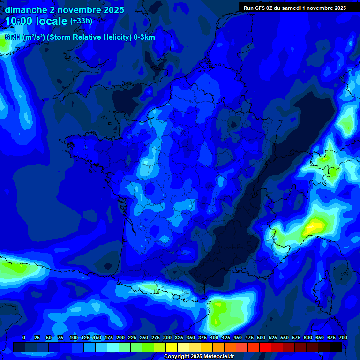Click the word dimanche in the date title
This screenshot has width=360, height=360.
(x=23, y=10)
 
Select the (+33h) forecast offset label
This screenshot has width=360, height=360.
(x=81, y=21)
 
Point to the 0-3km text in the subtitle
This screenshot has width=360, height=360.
(x=144, y=37)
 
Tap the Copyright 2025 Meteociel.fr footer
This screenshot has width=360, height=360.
(x=199, y=357)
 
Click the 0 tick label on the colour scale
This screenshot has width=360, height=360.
(x=24, y=337)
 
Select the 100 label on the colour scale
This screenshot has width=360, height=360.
(x=73, y=337)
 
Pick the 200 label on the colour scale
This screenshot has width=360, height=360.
(x=120, y=337)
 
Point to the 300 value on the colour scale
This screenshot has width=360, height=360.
(x=167, y=337)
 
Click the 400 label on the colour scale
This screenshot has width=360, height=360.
(x=214, y=337)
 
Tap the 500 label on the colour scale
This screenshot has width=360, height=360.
(x=261, y=337)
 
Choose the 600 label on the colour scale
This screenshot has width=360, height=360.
(x=308, y=337)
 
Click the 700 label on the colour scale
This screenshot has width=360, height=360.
(x=343, y=337)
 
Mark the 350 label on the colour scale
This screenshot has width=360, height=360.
(x=191, y=337)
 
